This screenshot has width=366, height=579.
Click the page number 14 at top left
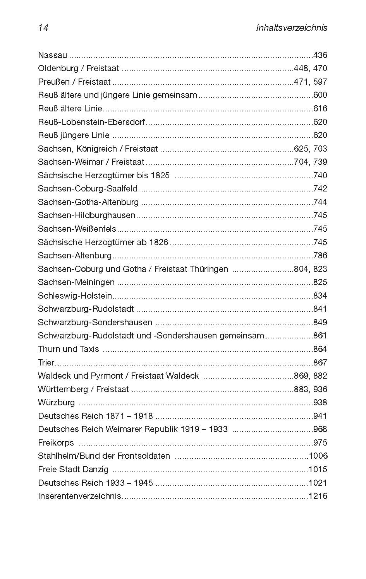tap(43, 28)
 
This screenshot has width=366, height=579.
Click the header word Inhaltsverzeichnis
tap(292, 28)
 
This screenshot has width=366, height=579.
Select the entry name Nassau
tap(52, 55)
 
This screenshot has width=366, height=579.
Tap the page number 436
tap(320, 55)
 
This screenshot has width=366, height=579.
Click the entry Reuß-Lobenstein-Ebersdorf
tap(91, 122)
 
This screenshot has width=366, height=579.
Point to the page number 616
tap(320, 108)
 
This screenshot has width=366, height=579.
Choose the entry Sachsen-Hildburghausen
tap(86, 215)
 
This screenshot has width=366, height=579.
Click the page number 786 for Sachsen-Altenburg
tap(320, 255)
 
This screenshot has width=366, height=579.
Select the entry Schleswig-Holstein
tap(75, 295)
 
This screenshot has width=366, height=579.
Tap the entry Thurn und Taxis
tap(69, 349)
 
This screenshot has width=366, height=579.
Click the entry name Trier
tap(46, 362)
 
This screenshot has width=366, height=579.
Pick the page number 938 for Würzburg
tap(320, 402)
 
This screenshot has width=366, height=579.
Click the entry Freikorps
tap(56, 442)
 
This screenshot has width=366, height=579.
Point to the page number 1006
tap(318, 456)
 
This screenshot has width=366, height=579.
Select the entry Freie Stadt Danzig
tap(73, 469)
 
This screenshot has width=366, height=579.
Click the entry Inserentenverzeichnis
tap(79, 496)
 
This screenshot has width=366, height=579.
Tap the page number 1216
tap(318, 496)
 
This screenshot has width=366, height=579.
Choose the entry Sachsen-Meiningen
tap(76, 282)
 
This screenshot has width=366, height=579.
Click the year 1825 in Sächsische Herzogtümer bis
tap(160, 175)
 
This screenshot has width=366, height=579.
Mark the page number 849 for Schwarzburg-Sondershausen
tap(320, 322)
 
